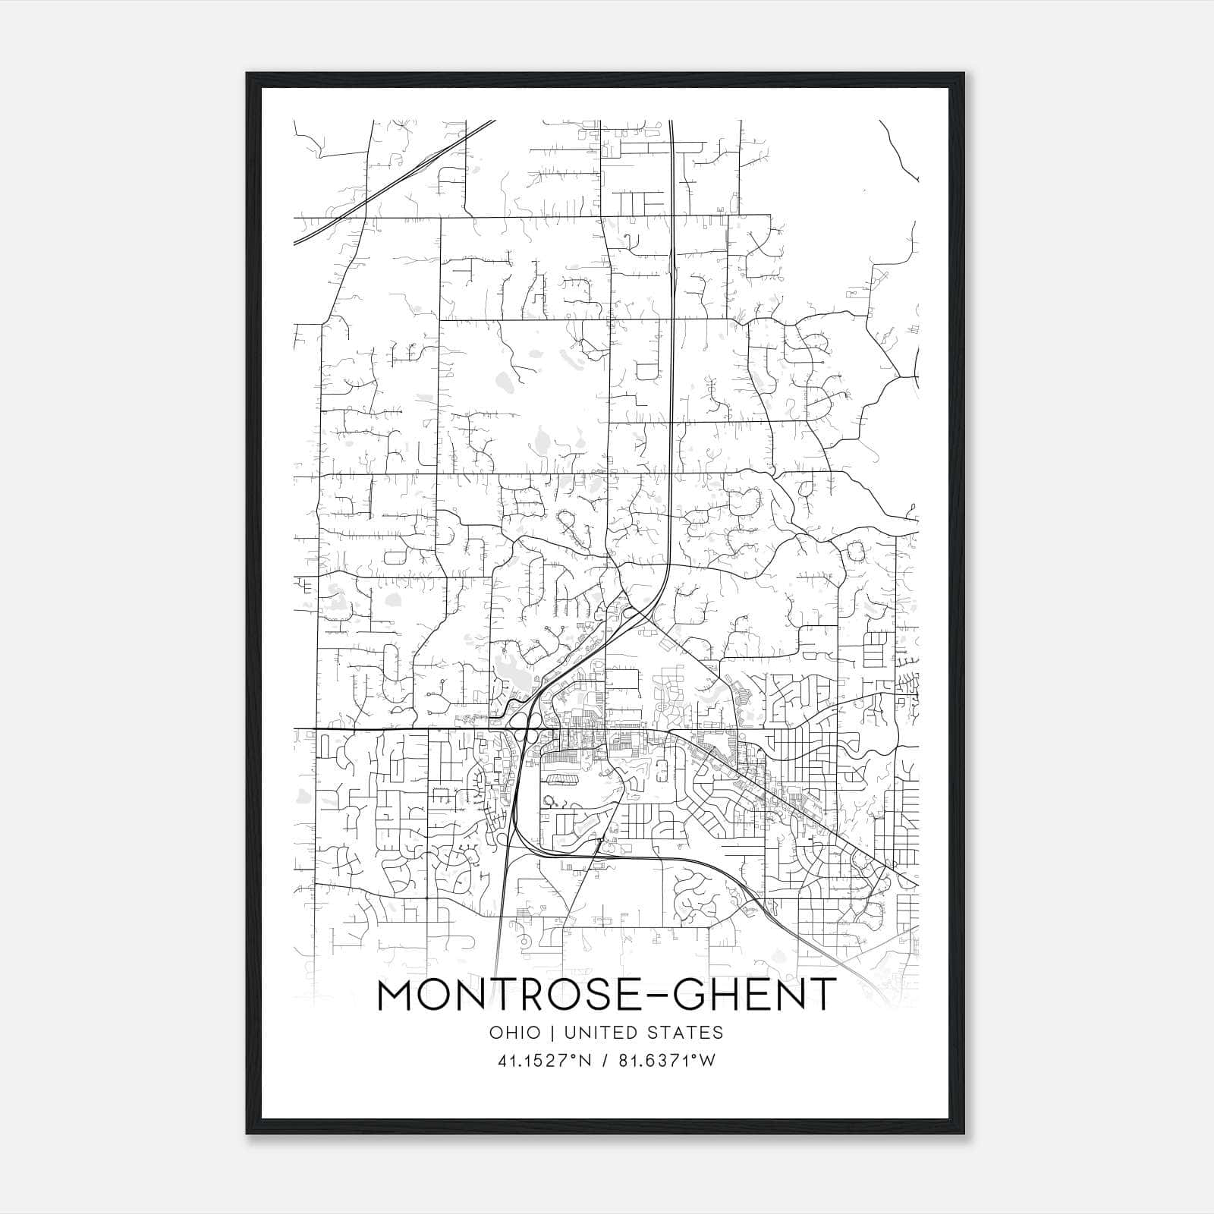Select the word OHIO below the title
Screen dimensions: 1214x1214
click(515, 1033)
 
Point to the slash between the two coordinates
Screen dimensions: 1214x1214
click(605, 1061)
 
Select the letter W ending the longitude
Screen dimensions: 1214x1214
click(708, 1061)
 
